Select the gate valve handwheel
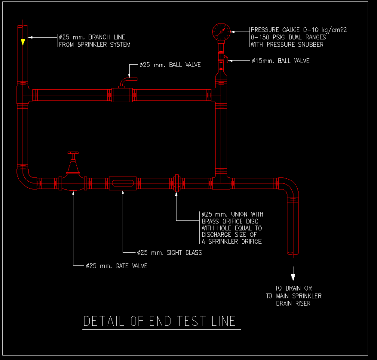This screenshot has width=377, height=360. click(x=73, y=154)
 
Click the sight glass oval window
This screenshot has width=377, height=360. click(x=122, y=183)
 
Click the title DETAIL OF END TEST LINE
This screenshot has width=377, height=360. click(x=160, y=321)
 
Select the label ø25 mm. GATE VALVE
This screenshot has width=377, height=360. click(x=116, y=266)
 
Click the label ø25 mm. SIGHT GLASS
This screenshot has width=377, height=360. click(x=169, y=253)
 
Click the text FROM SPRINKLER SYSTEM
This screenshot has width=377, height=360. click(x=95, y=45)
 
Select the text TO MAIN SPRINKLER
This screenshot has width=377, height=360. click(x=293, y=296)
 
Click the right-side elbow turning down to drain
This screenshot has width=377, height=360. click(x=290, y=185)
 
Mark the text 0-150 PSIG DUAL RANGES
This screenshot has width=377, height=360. click(x=288, y=37)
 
